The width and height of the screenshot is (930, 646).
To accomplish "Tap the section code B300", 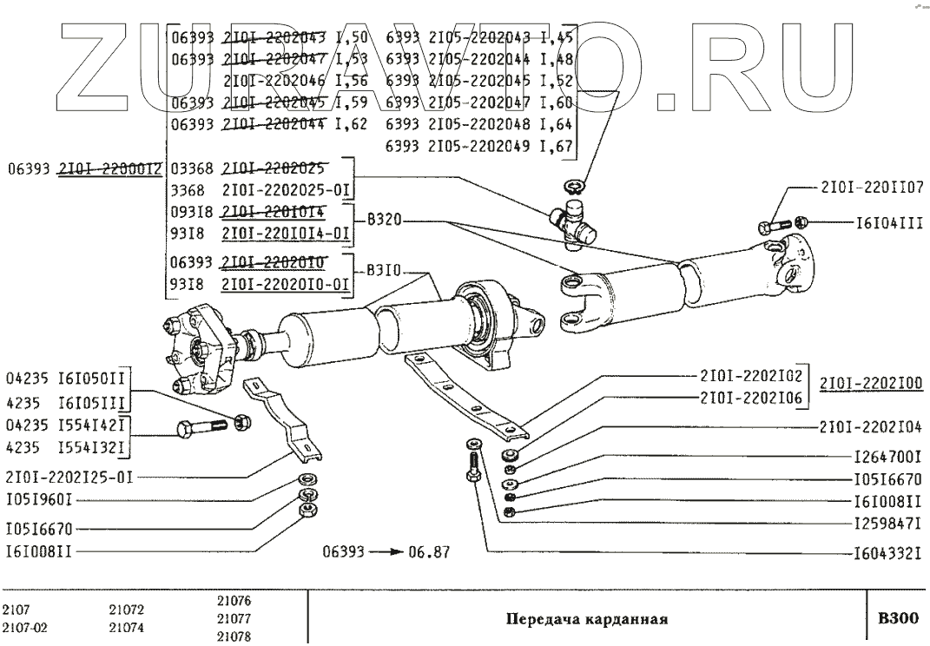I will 897,619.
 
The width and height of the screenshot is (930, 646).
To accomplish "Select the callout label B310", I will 385,270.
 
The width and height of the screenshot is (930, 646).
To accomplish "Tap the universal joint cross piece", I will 573,221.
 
